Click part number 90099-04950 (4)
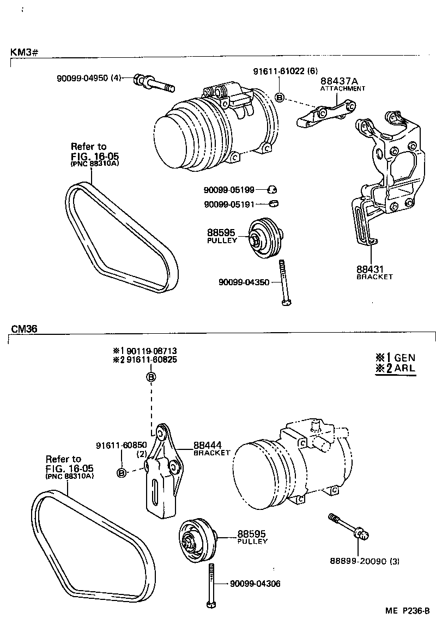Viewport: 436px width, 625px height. (x=89, y=78)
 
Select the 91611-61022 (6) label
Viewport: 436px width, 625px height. (x=285, y=71)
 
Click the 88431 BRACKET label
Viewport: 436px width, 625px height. (x=374, y=272)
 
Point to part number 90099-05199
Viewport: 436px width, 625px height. (x=229, y=190)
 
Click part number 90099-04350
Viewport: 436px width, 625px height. (x=244, y=282)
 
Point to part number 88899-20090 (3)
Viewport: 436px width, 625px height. (x=364, y=561)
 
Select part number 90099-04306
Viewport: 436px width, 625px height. (x=255, y=584)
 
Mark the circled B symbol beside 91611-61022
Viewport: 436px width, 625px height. (x=279, y=98)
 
